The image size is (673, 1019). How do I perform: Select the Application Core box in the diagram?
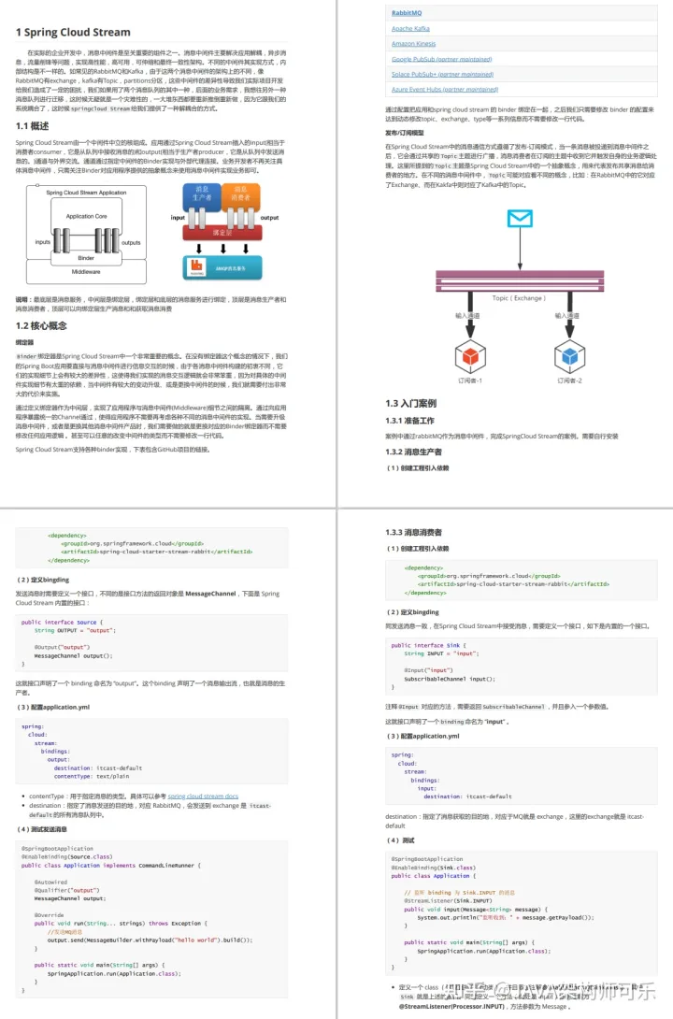[86, 216]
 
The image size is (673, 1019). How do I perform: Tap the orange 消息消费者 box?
[240, 194]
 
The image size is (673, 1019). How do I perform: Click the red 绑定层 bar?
[222, 231]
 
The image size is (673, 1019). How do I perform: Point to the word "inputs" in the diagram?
[43, 241]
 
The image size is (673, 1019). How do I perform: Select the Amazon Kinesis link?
[417, 44]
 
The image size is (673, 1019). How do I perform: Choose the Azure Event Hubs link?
[445, 89]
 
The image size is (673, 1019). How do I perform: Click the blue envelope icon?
[519, 219]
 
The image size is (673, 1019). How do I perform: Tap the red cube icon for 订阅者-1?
[467, 355]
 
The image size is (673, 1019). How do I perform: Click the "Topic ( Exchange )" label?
[518, 298]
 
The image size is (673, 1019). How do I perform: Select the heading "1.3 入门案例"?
[411, 403]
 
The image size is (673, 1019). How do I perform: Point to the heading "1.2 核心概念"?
[41, 325]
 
